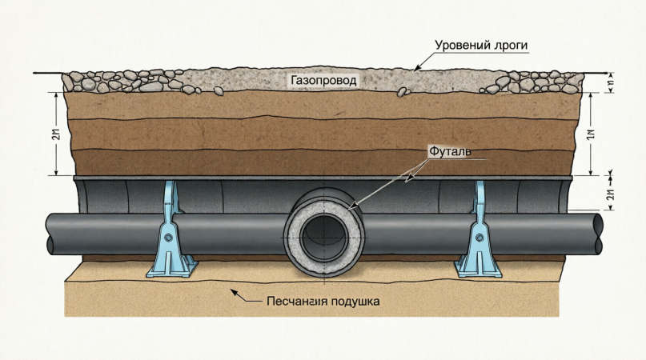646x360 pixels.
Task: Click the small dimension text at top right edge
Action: (x=610, y=82)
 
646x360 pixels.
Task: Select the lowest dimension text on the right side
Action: (x=609, y=194)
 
